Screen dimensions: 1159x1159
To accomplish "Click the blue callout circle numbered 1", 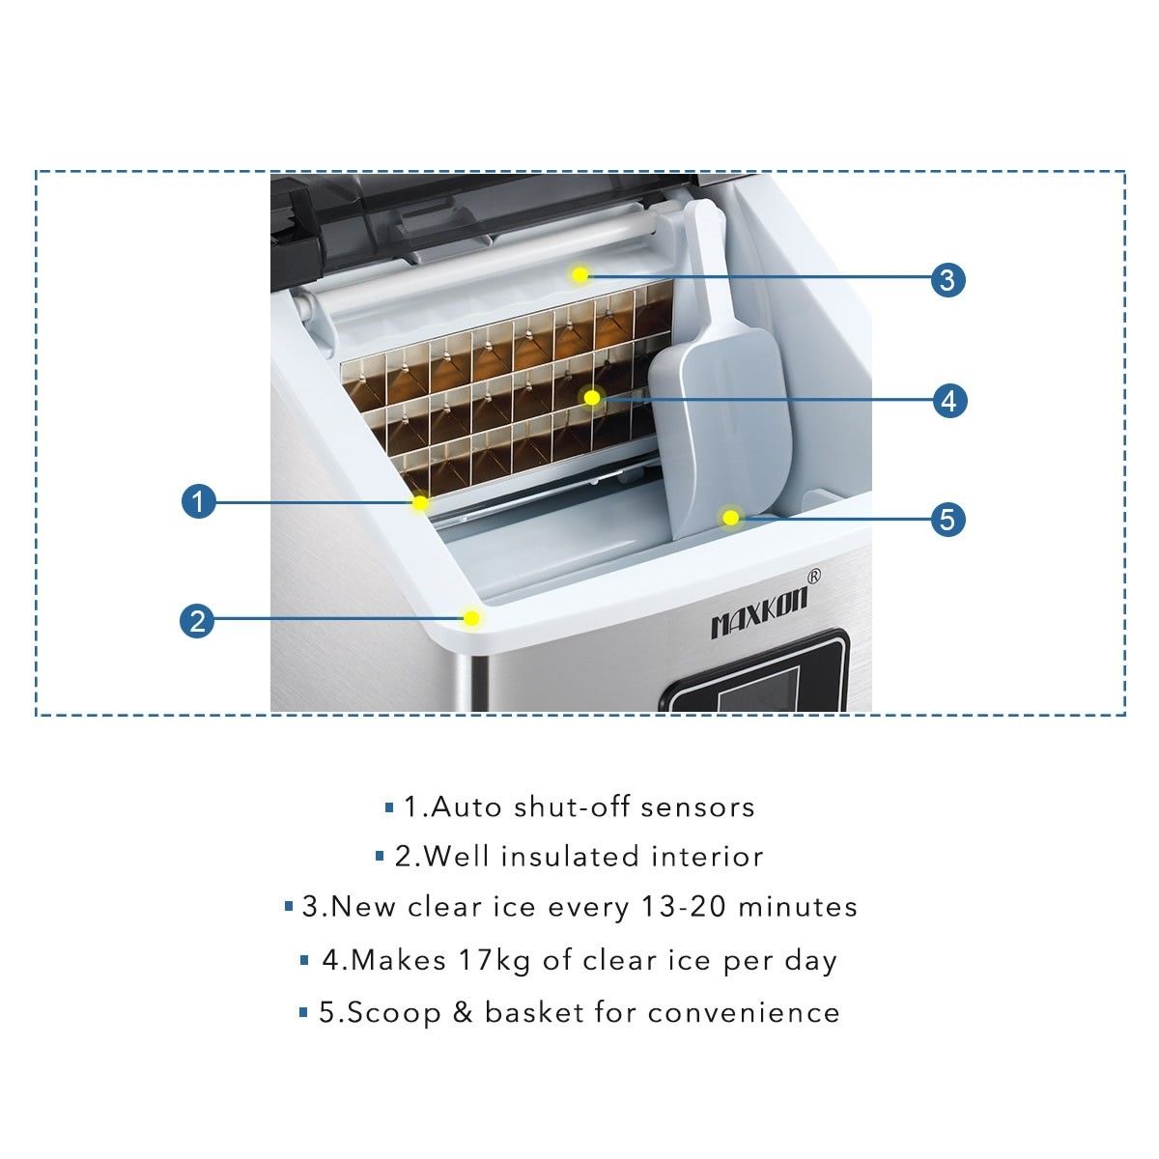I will click(x=198, y=501).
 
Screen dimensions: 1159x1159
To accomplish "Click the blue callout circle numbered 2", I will click(x=197, y=619).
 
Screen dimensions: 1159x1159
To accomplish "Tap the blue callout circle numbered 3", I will click(x=947, y=280).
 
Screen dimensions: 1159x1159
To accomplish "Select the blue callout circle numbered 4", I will click(x=949, y=399).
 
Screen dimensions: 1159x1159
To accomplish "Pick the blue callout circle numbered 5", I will click(x=947, y=519).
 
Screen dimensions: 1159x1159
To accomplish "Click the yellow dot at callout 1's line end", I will click(x=420, y=503).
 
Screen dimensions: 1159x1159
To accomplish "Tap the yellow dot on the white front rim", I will click(x=471, y=617).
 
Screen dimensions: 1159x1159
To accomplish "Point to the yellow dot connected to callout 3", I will click(x=579, y=275).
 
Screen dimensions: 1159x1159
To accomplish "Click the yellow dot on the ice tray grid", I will click(x=592, y=397).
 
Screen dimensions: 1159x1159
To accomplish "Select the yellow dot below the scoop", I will click(x=731, y=518).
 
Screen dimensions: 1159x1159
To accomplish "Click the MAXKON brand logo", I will click(x=758, y=614).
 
